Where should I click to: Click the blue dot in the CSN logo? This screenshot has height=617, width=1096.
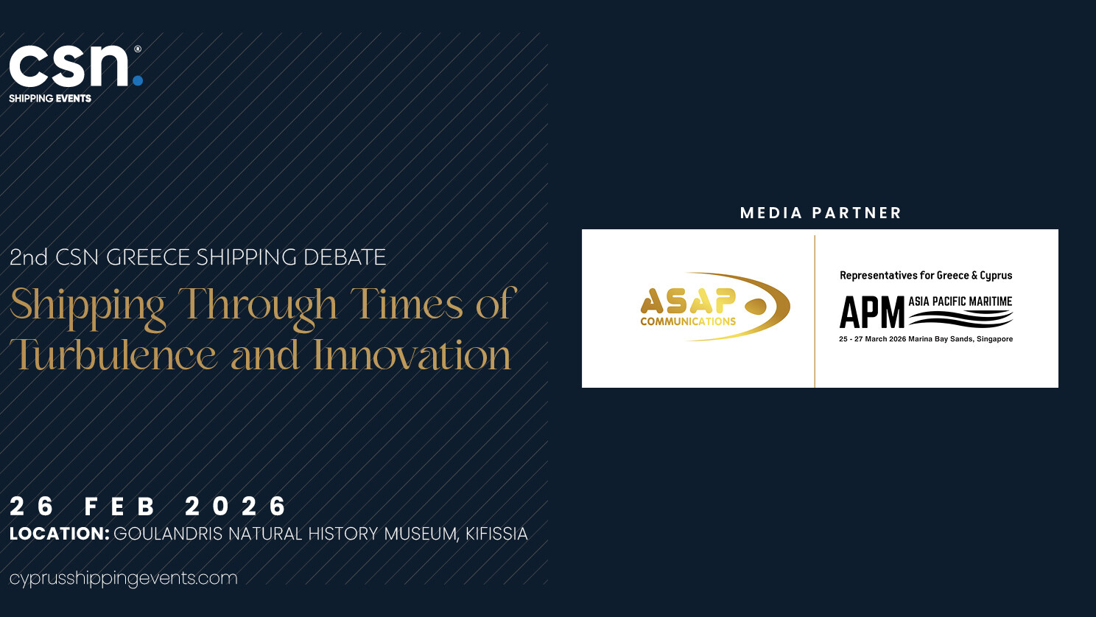138,80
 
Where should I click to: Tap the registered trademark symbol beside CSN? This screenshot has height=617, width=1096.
138,49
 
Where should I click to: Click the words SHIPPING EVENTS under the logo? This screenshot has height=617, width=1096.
50,99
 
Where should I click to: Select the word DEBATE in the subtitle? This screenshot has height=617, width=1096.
345,257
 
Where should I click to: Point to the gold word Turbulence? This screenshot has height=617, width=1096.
113,355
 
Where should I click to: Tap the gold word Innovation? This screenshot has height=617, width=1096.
412,355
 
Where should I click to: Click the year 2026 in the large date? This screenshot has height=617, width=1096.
236,506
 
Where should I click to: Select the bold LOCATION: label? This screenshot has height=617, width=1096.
59,533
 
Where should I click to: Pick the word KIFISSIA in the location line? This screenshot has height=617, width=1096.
496,534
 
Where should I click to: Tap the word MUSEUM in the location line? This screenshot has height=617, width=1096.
421,534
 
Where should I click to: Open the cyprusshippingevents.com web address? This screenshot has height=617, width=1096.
123,579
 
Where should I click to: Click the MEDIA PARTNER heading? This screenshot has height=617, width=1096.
821,213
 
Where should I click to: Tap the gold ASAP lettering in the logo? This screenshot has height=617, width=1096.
688,301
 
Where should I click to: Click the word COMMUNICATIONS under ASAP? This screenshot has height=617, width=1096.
688,321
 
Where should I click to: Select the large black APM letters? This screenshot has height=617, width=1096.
872,313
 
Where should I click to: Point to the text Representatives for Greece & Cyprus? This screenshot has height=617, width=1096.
926,275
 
